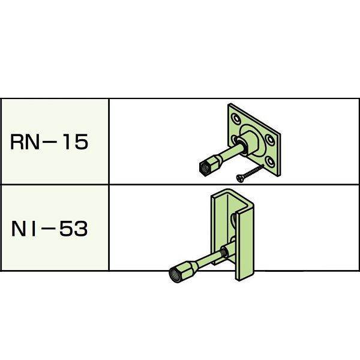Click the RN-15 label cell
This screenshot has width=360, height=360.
point(55,142)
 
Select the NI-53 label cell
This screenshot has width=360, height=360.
point(55,228)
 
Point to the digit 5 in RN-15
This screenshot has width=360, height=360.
point(81,142)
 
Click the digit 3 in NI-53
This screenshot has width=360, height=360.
point(81,229)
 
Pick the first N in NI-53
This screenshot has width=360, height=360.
point(18,229)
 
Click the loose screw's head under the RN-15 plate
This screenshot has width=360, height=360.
point(239,178)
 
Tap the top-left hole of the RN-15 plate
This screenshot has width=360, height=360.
point(236,119)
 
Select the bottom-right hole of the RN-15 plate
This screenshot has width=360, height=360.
point(271,161)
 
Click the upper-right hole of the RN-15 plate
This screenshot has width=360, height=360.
point(270,140)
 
